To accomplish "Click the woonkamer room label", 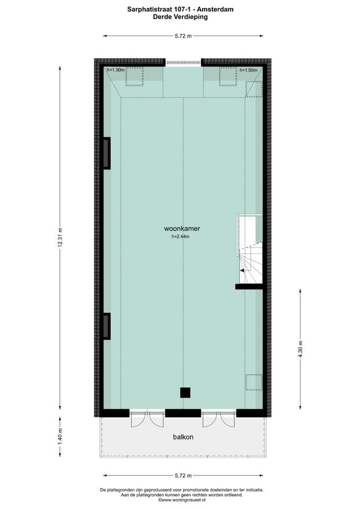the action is [x=182, y=229].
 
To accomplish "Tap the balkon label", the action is [x=183, y=437].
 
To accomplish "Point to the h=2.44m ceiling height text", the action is [x=180, y=236].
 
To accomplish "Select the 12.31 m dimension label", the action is [x=60, y=238].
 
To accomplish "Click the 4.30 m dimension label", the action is [x=300, y=349].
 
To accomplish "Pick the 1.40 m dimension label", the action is [x=60, y=436].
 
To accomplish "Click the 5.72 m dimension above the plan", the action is [x=183, y=36].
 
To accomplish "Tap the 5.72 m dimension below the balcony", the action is [x=183, y=476].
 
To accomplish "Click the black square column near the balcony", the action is [x=186, y=392].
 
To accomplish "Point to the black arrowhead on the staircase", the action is [x=242, y=270].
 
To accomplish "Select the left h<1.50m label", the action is [x=116, y=70].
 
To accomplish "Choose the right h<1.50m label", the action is [x=248, y=70].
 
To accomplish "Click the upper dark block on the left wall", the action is [x=107, y=153].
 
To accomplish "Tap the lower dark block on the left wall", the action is [x=107, y=326].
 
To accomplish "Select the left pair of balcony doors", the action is [x=147, y=419].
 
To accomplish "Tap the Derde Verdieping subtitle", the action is [x=180, y=17].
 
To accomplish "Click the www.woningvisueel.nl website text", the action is [x=182, y=500].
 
